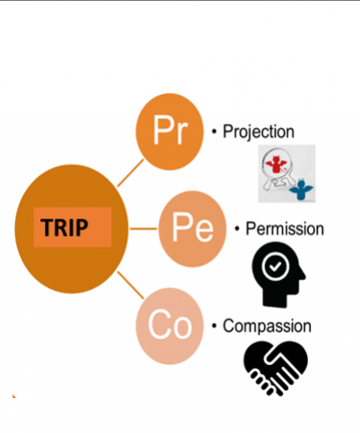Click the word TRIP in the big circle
64,227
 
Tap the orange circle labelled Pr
169,132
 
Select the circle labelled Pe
193,229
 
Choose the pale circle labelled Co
169,326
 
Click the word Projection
259,132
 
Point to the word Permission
285,229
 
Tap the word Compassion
267,326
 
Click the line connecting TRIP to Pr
131,173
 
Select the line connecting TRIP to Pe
143,229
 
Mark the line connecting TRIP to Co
131,284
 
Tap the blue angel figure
301,191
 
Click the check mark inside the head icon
275,266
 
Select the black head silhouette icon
278,275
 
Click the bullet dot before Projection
214,132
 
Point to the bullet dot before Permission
237,229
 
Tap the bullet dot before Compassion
214,326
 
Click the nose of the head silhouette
303,276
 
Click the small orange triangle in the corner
13,396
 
